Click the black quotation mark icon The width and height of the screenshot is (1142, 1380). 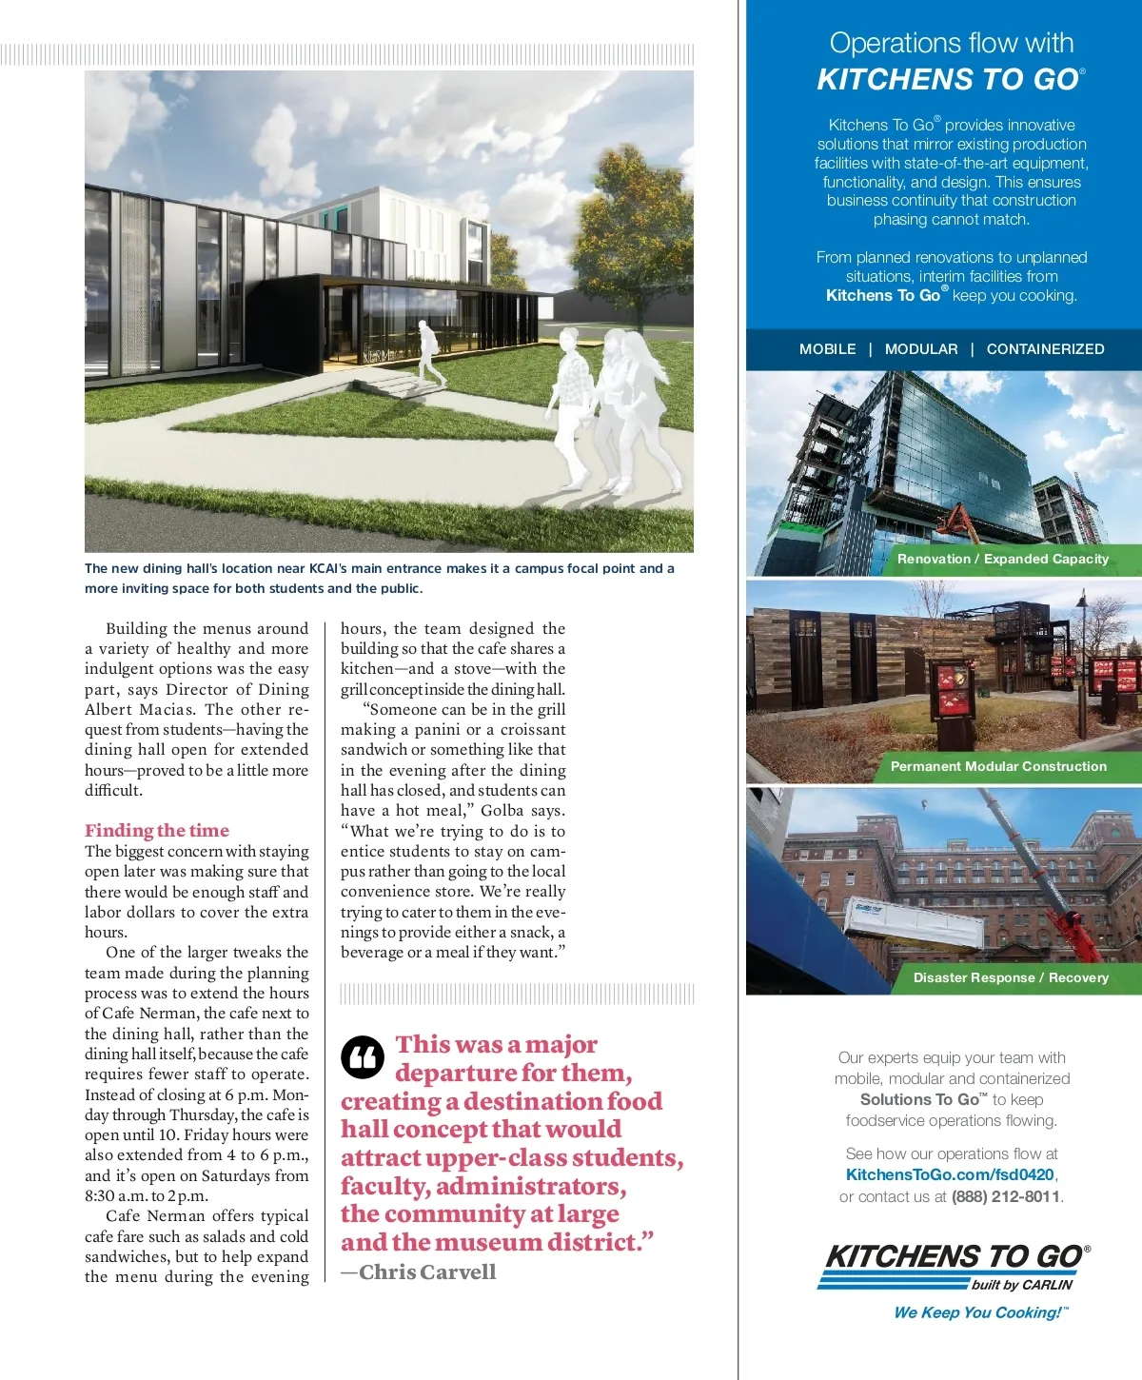point(363,1056)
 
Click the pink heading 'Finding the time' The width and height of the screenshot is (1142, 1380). point(157,830)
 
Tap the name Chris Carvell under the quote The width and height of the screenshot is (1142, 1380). point(427,1272)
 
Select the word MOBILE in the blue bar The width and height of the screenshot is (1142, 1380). point(827,349)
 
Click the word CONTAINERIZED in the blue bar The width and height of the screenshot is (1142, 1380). point(1045,349)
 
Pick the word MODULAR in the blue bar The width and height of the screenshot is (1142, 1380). point(921,349)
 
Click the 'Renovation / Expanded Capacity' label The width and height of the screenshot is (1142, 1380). point(1002,559)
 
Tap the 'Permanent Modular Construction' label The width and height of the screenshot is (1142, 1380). point(998,766)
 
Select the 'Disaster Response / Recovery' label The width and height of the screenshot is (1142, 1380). point(1011,977)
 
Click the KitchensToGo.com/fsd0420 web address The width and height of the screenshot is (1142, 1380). point(950,1174)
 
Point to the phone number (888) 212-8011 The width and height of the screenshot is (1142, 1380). point(1006,1196)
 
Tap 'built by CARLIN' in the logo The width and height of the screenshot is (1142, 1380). point(1021,1285)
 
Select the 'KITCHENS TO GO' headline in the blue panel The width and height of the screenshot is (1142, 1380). point(950,79)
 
